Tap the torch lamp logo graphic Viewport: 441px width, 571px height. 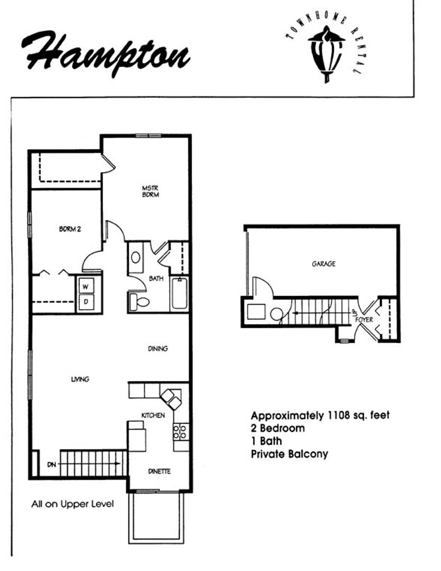point(326,53)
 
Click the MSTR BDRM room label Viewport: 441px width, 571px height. point(150,191)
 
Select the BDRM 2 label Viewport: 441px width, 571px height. point(70,229)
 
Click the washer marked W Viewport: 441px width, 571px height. point(86,286)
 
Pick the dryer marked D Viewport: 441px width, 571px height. point(86,302)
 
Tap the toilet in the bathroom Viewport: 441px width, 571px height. point(139,301)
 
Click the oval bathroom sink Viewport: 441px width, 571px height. point(136,258)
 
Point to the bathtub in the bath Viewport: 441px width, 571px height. point(179,293)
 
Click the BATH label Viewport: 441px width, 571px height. point(156,279)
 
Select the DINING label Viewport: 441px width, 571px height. point(158,348)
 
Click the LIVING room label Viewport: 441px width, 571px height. point(80,380)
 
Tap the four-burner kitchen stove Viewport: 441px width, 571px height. point(181,431)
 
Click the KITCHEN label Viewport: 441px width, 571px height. point(153,415)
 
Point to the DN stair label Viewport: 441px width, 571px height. point(52,465)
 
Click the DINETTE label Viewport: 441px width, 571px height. point(160,471)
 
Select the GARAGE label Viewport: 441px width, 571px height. point(324,264)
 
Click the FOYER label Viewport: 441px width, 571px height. point(364,320)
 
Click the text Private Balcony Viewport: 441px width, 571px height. point(290,454)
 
